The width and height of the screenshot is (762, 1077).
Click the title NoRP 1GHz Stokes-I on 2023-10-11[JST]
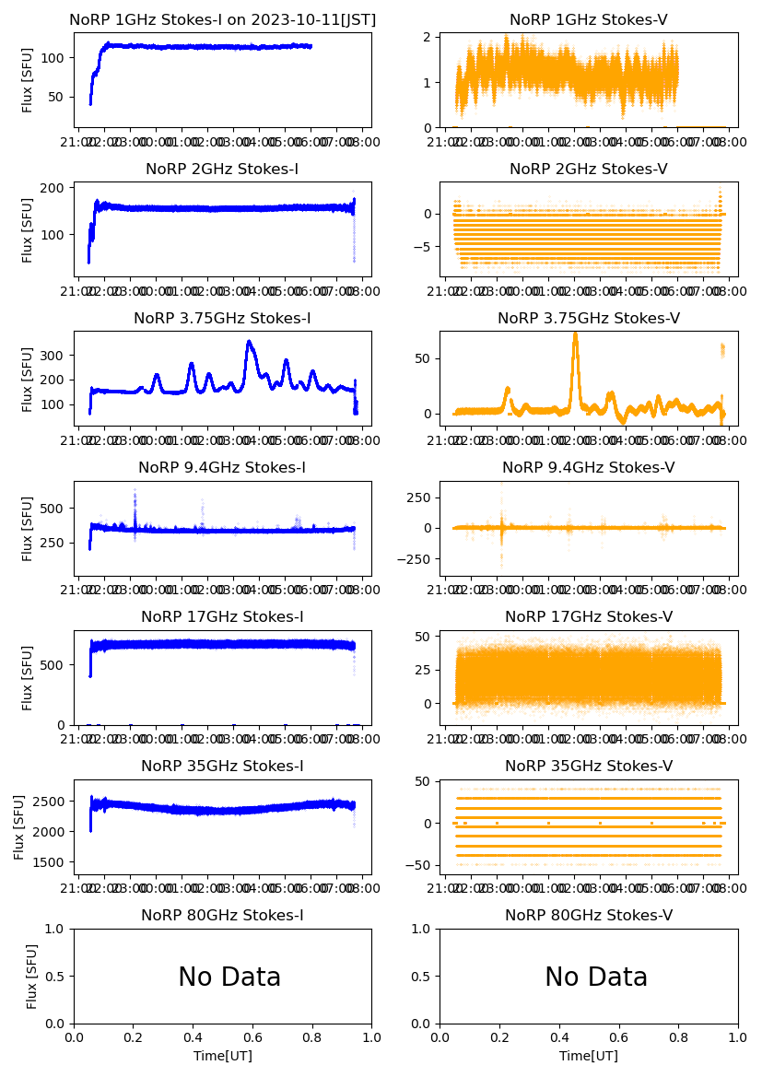[223, 19]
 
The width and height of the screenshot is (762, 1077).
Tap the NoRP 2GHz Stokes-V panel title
[589, 169]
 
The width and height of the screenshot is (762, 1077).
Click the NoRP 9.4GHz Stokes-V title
[589, 467]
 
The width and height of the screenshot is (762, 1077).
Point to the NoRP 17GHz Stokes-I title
[223, 616]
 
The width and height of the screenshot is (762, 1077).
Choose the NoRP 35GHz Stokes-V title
[589, 766]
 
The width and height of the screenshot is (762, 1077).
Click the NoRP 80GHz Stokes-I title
[223, 915]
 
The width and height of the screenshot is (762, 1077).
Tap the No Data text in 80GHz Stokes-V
[596, 977]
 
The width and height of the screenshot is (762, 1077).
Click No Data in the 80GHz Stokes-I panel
[229, 977]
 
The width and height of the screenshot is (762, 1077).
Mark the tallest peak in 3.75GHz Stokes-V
[575, 334]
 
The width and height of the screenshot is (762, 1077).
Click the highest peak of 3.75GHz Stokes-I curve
[249, 342]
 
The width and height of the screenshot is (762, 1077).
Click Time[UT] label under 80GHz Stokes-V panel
[589, 1056]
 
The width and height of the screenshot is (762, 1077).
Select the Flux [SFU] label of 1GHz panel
[28, 80]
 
